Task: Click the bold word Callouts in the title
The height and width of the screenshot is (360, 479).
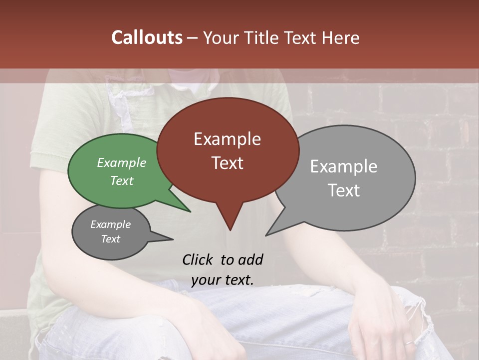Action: tap(147, 37)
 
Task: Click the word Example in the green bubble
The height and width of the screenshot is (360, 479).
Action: tap(122, 162)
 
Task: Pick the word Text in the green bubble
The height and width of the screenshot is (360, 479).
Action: tap(122, 180)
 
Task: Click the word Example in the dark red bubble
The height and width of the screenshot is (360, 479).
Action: tap(227, 139)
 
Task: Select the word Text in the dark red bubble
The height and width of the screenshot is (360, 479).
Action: tap(227, 163)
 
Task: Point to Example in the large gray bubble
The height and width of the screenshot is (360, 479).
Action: tap(344, 166)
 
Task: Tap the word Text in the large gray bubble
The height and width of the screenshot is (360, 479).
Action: tap(344, 190)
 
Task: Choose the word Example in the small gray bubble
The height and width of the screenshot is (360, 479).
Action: tap(110, 224)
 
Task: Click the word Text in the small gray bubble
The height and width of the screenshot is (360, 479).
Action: tap(110, 239)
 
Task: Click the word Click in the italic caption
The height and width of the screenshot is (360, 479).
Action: tap(198, 259)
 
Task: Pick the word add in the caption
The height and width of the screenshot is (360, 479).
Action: tap(250, 259)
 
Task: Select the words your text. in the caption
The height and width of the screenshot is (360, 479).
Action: tap(223, 280)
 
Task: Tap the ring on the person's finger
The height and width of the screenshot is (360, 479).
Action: tap(408, 342)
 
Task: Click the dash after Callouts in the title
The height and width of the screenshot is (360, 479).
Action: tap(193, 38)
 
